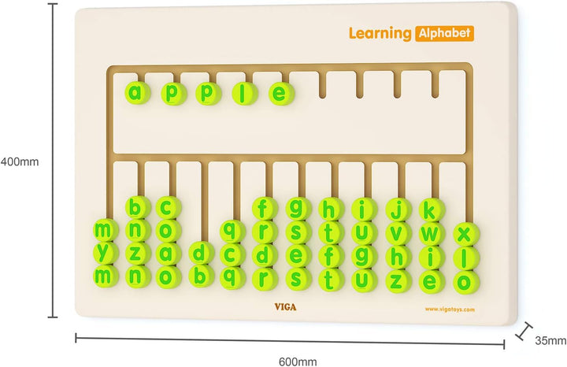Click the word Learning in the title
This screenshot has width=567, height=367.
pyautogui.click(x=380, y=34)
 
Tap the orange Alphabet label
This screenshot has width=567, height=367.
pyautogui.click(x=444, y=33)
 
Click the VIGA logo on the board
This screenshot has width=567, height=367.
pyautogui.click(x=285, y=307)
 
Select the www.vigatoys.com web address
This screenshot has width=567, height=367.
pyautogui.click(x=450, y=310)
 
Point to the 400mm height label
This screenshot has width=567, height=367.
pyautogui.click(x=20, y=161)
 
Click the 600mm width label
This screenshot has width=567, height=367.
pyautogui.click(x=298, y=361)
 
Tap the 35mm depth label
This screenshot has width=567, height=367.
pyautogui.click(x=550, y=340)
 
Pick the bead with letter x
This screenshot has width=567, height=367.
pyautogui.click(x=466, y=235)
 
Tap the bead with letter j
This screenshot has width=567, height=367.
pyautogui.click(x=398, y=210)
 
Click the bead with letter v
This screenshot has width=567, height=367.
pyautogui.click(x=398, y=234)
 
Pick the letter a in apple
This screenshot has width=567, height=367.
pyautogui.click(x=137, y=93)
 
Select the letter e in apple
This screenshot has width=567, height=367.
pyautogui.click(x=281, y=94)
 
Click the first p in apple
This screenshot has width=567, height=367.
pyautogui.click(x=173, y=93)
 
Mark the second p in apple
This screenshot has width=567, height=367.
pyautogui.click(x=208, y=93)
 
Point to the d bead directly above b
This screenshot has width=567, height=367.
pyautogui.click(x=202, y=253)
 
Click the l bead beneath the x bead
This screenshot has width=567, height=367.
pyautogui.click(x=466, y=258)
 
